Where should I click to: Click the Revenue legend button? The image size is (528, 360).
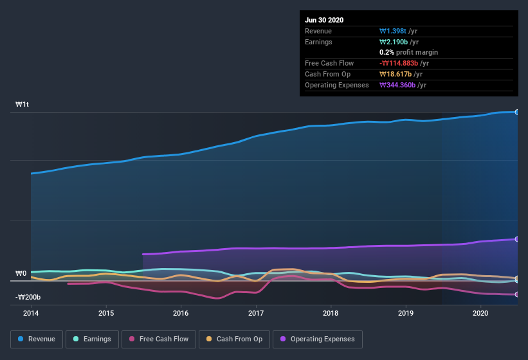pyautogui.click(x=37, y=339)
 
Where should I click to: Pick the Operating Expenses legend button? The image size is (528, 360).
pyautogui.click(x=318, y=339)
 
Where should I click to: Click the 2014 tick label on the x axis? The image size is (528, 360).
pyautogui.click(x=31, y=313)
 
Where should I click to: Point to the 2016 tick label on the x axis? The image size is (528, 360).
pyautogui.click(x=181, y=313)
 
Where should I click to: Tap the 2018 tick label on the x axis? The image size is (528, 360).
pyautogui.click(x=331, y=313)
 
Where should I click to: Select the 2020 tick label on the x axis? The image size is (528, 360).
pyautogui.click(x=480, y=313)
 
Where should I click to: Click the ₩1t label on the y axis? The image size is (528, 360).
pyautogui.click(x=23, y=104)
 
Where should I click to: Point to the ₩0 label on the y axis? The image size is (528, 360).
pyautogui.click(x=21, y=273)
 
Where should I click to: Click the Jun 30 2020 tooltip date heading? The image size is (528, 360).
pyautogui.click(x=324, y=20)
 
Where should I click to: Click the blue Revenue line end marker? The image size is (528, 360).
pyautogui.click(x=517, y=112)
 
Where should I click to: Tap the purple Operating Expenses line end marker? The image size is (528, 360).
pyautogui.click(x=517, y=239)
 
